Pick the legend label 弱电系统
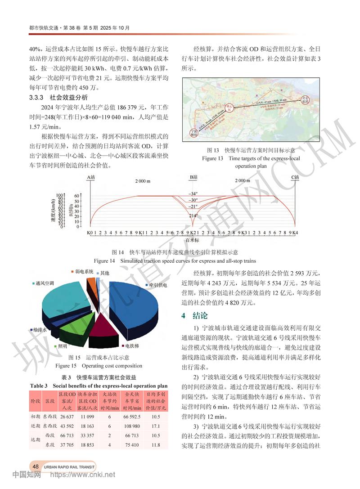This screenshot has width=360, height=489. (84, 272)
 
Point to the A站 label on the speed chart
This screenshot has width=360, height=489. (91, 177)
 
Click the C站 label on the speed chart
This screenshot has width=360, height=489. (295, 177)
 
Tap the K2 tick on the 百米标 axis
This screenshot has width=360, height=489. (192, 233)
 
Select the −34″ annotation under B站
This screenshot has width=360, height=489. (193, 193)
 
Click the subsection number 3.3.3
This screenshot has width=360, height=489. (38, 98)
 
